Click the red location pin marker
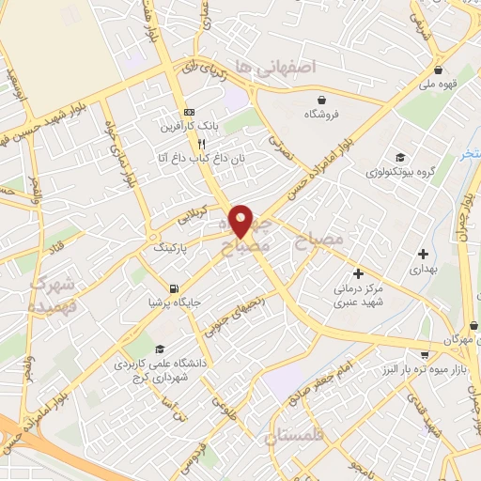point(241,221)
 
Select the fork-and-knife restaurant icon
point(200,144)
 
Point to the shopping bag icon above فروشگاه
point(322,99)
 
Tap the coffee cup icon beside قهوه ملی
point(439,70)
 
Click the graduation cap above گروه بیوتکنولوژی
point(401,157)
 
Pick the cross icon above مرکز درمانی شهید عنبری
point(358,273)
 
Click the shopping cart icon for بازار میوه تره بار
point(425,354)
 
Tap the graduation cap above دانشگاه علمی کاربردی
point(160,347)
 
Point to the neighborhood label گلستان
point(294,435)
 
